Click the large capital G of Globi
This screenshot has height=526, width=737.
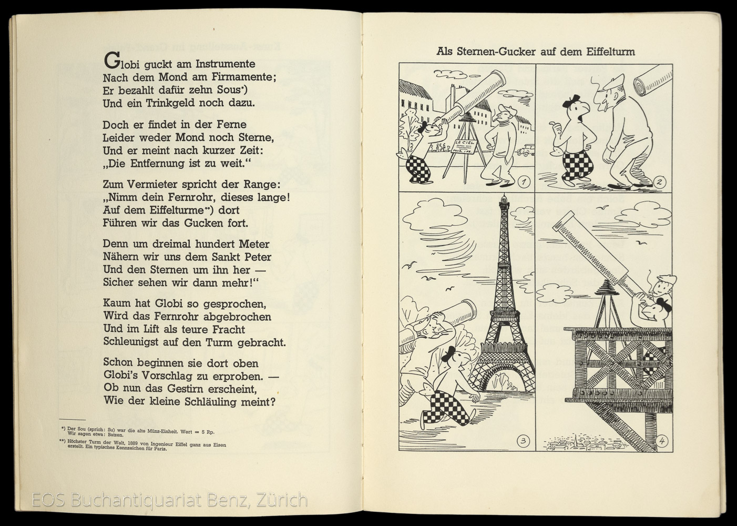coord(111,61)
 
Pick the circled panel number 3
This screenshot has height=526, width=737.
coord(523,441)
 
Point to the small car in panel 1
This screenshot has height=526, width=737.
coord(523,151)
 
